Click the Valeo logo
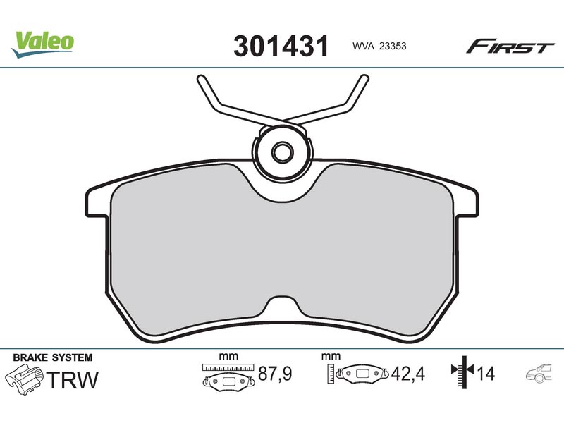click(42, 44)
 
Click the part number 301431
click(281, 46)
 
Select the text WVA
click(363, 46)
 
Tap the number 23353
click(393, 46)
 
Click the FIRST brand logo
click(510, 47)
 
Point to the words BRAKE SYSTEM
click(52, 357)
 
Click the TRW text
click(73, 380)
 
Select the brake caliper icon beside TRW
click(24, 380)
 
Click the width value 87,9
click(275, 374)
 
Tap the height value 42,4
click(408, 374)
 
